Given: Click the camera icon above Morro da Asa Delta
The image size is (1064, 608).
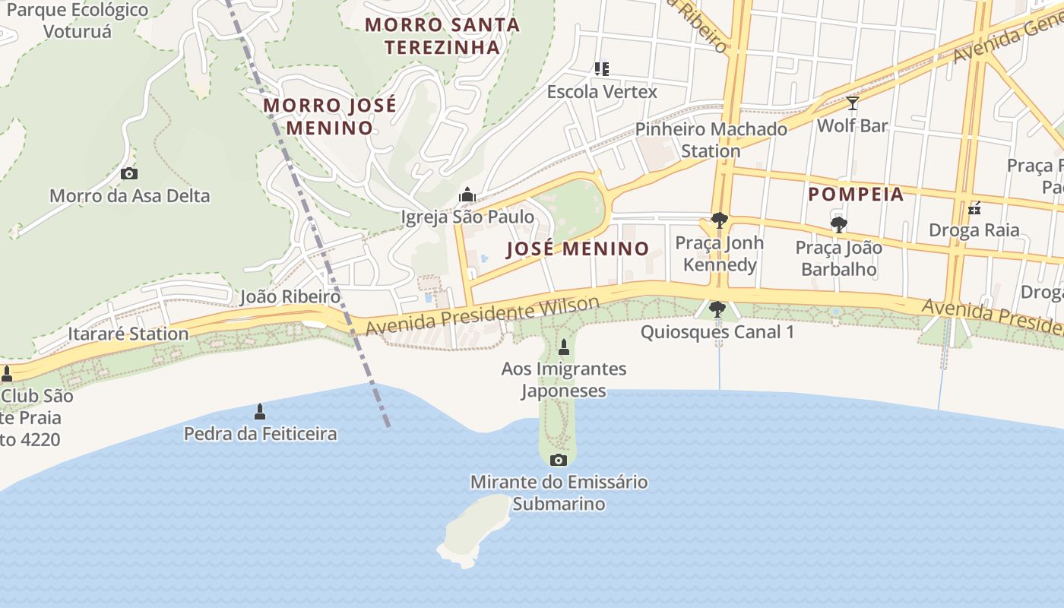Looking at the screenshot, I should tap(129, 174).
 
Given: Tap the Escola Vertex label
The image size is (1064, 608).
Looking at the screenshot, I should tap(602, 92).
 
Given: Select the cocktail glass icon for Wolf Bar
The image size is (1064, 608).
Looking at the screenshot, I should tap(852, 103).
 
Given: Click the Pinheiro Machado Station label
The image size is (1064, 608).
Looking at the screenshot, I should tap(711, 140).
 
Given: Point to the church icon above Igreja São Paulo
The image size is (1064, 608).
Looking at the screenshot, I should tap(467, 195).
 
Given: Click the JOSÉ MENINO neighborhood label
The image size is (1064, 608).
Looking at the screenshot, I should tap(578, 249).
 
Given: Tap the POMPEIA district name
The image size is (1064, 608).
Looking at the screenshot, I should tap(856, 195).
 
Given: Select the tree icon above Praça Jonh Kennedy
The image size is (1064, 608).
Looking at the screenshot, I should tap(719, 221).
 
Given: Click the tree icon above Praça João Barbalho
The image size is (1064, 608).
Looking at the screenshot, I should tap(838, 225).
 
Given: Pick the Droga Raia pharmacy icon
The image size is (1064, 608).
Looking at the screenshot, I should tap(974, 208).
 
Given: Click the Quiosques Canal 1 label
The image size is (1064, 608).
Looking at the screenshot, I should tap(717, 332).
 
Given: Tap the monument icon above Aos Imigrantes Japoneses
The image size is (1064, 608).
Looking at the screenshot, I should tap(563, 348).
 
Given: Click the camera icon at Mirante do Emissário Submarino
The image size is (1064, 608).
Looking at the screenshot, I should tap(558, 460).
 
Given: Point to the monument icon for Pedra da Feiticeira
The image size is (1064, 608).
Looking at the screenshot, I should tap(260, 412).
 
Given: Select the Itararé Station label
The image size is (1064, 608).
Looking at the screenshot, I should tap(128, 334).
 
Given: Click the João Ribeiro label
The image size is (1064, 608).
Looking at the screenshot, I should tap(290, 296).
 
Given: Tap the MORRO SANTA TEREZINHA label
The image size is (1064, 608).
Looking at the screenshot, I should tap(442, 36).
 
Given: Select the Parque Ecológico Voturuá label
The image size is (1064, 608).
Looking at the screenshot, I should tap(77, 21).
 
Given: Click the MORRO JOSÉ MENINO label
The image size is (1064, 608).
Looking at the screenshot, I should tap(329, 116).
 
